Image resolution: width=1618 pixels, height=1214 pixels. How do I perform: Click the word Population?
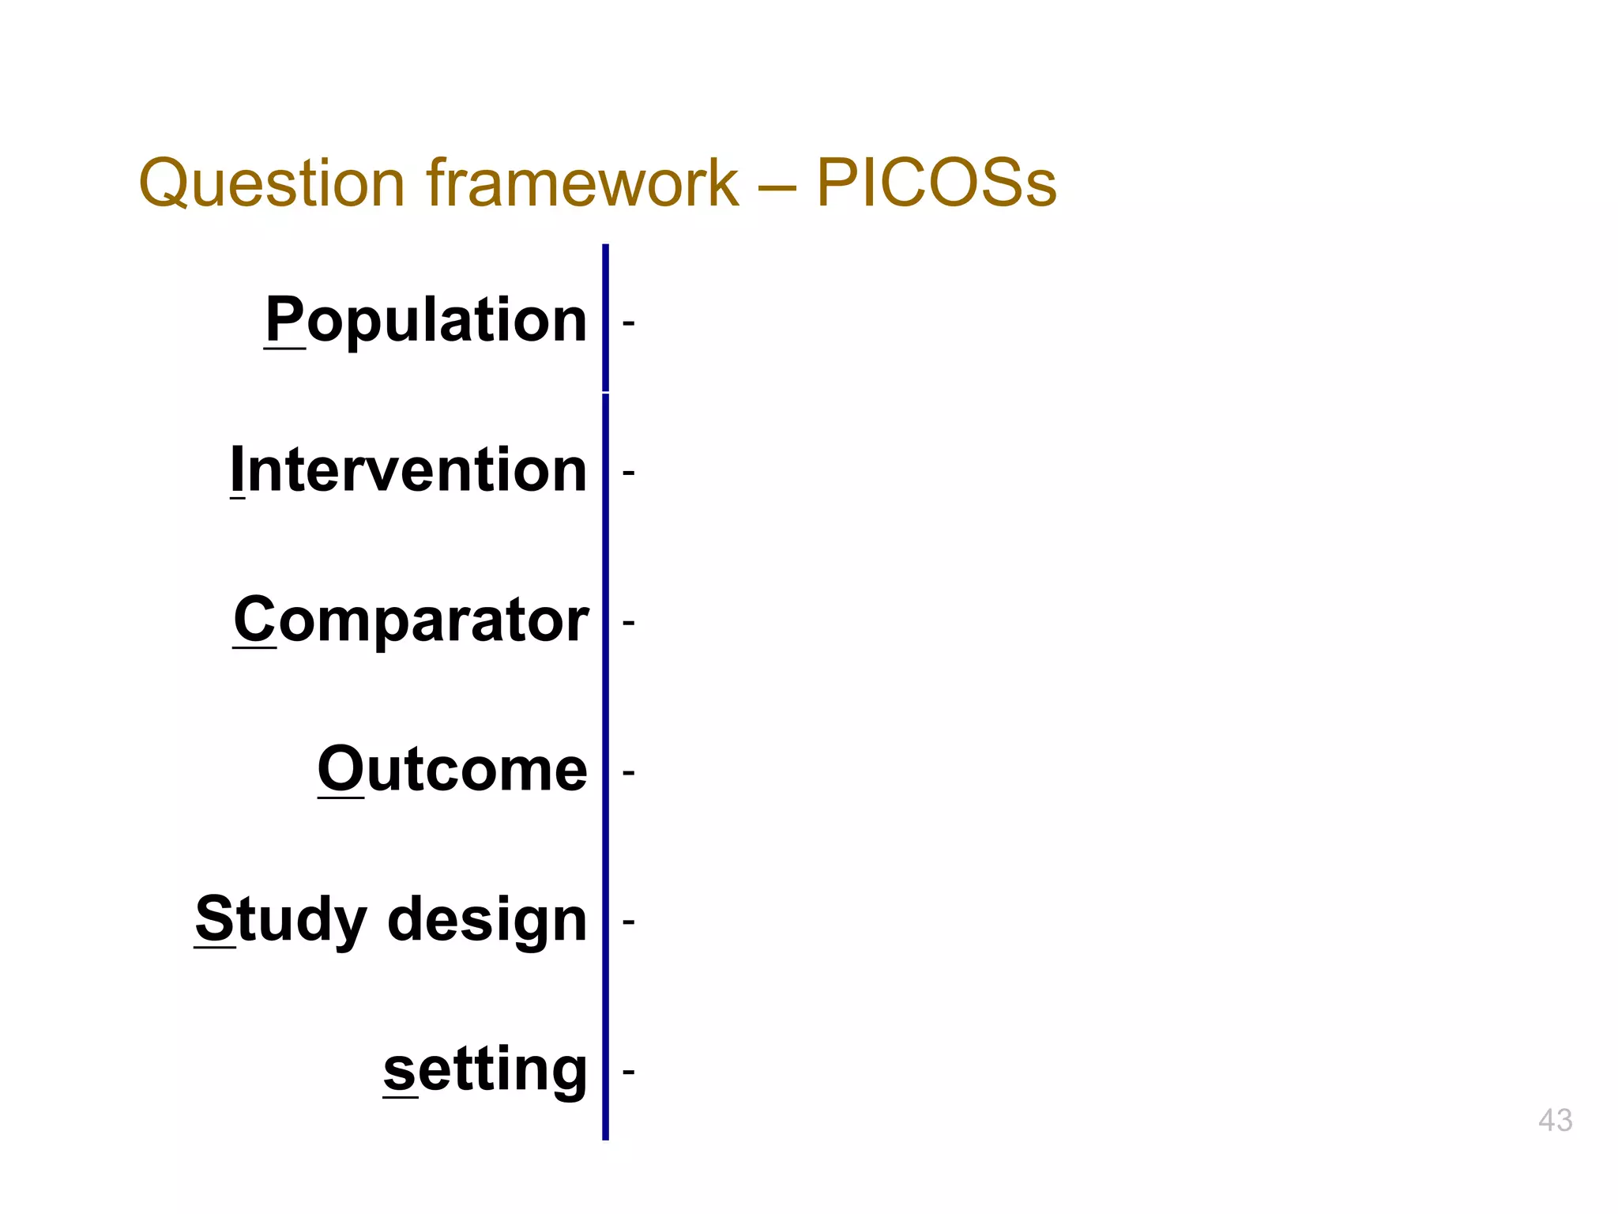(427, 320)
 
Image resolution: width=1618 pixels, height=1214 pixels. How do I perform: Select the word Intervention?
(408, 469)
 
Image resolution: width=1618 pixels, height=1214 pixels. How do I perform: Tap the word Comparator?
(411, 620)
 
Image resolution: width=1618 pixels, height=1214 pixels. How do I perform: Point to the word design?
(487, 921)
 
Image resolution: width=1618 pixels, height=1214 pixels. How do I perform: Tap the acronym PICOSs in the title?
(935, 183)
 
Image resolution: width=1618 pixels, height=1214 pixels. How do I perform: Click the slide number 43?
(1555, 1120)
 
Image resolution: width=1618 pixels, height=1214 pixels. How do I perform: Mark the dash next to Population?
(629, 322)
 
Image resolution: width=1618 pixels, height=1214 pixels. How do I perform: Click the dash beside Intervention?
(629, 473)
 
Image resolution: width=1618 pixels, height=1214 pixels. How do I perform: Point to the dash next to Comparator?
(629, 623)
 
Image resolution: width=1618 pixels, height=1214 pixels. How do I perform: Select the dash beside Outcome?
(629, 772)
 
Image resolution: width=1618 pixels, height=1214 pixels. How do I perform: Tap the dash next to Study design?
(629, 922)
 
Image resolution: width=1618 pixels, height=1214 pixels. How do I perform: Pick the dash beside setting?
(629, 1072)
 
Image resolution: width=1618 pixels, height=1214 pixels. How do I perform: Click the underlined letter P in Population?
(284, 319)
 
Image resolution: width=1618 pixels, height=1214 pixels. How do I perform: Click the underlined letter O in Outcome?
(340, 769)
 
